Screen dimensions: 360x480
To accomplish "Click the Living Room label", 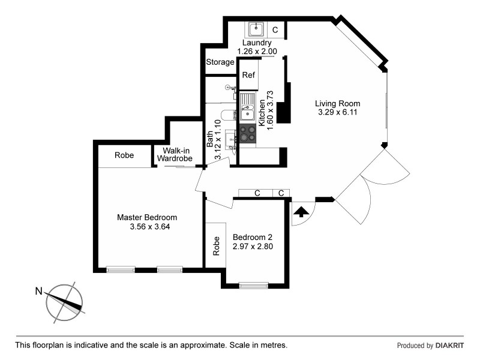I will (338, 103).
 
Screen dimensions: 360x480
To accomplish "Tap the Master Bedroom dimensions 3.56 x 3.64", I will (147, 227).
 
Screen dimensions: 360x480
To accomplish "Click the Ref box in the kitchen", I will (248, 76).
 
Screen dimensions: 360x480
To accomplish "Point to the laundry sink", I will (256, 28).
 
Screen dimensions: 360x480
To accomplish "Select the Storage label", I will (220, 62).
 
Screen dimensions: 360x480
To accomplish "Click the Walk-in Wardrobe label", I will (175, 155).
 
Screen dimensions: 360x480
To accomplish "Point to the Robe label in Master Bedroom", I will (124, 155).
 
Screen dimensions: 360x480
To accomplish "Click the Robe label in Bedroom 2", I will (216, 246).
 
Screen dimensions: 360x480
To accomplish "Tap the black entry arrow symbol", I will (301, 211).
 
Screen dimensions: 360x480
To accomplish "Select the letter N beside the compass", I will (38, 292).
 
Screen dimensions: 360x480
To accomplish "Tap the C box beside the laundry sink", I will (275, 29).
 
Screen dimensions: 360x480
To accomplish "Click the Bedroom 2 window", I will (253, 286).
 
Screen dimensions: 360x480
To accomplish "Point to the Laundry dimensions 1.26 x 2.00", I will (257, 52).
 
